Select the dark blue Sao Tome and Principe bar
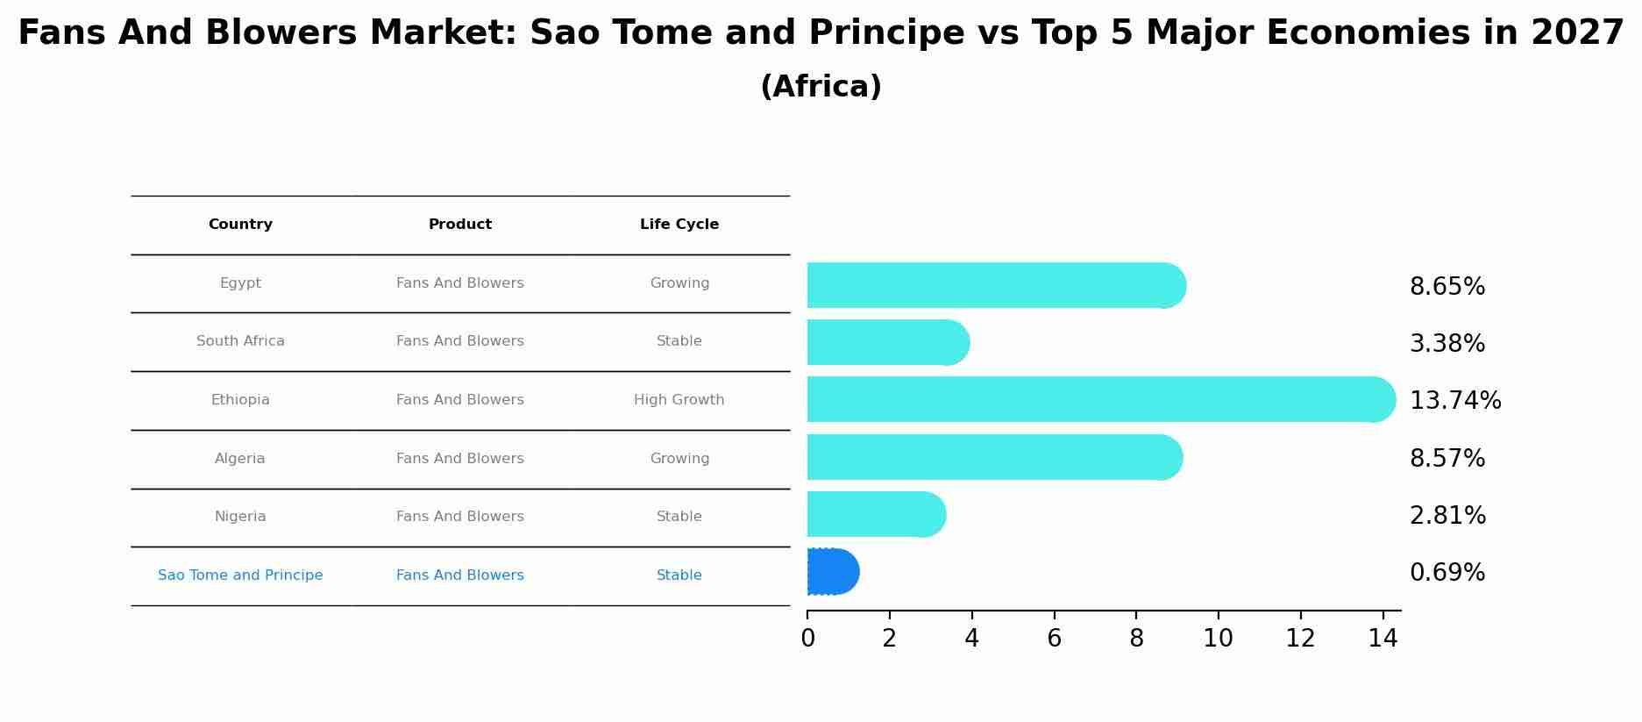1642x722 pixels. pyautogui.click(x=831, y=572)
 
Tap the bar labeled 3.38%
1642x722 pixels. pyautogui.click(x=885, y=342)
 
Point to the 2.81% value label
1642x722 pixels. pyautogui.click(x=1447, y=516)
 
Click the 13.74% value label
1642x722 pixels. pyautogui.click(x=1455, y=401)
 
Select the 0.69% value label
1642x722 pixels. pyautogui.click(x=1447, y=573)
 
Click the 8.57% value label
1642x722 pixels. pyautogui.click(x=1447, y=459)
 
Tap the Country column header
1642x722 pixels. pyautogui.click(x=240, y=225)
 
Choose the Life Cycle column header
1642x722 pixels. pyautogui.click(x=679, y=225)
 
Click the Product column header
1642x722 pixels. pyautogui.click(x=460, y=225)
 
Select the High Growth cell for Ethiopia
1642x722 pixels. pyautogui.click(x=679, y=400)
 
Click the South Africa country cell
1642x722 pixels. pyautogui.click(x=240, y=341)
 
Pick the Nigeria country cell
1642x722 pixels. pyautogui.click(x=240, y=517)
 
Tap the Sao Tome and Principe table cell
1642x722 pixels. pyautogui.click(x=240, y=575)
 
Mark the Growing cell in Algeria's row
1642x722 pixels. pyautogui.click(x=679, y=459)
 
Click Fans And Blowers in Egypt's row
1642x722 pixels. pyautogui.click(x=460, y=283)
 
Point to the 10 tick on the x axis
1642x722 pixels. pyautogui.click(x=1219, y=639)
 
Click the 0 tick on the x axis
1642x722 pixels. pyautogui.click(x=807, y=639)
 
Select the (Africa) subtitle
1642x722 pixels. pyautogui.click(x=821, y=87)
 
